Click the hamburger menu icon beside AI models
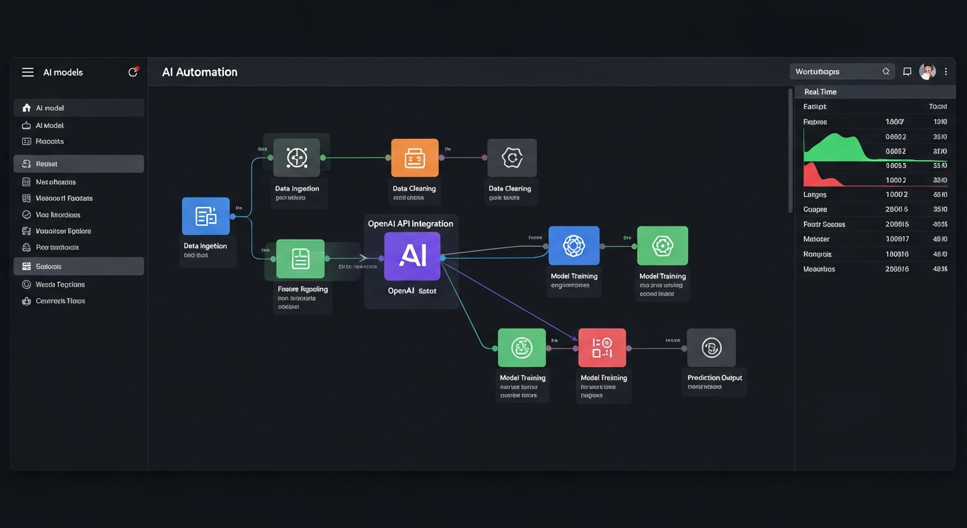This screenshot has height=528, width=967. click(x=27, y=72)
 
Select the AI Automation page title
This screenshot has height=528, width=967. click(x=200, y=72)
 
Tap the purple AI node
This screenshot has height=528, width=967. click(x=412, y=256)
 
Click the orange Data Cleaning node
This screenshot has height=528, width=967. click(x=415, y=158)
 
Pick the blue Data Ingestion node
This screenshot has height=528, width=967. click(x=206, y=216)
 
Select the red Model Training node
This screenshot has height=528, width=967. click(x=602, y=347)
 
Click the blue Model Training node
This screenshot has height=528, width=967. click(x=574, y=245)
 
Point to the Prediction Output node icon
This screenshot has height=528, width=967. click(x=711, y=347)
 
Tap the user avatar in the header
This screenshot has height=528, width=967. click(x=927, y=71)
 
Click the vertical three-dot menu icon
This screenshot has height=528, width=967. click(x=946, y=71)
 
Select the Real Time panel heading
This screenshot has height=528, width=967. click(x=820, y=91)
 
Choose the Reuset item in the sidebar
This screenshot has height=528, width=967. click(x=47, y=164)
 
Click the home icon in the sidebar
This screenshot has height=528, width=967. click(x=27, y=108)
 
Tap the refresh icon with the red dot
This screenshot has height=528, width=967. click(x=133, y=72)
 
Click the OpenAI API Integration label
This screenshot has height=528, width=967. click(x=411, y=223)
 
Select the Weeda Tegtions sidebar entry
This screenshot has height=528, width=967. click(x=60, y=285)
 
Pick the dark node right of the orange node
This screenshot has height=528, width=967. click(x=512, y=158)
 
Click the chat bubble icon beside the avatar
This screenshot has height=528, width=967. click(x=907, y=71)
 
